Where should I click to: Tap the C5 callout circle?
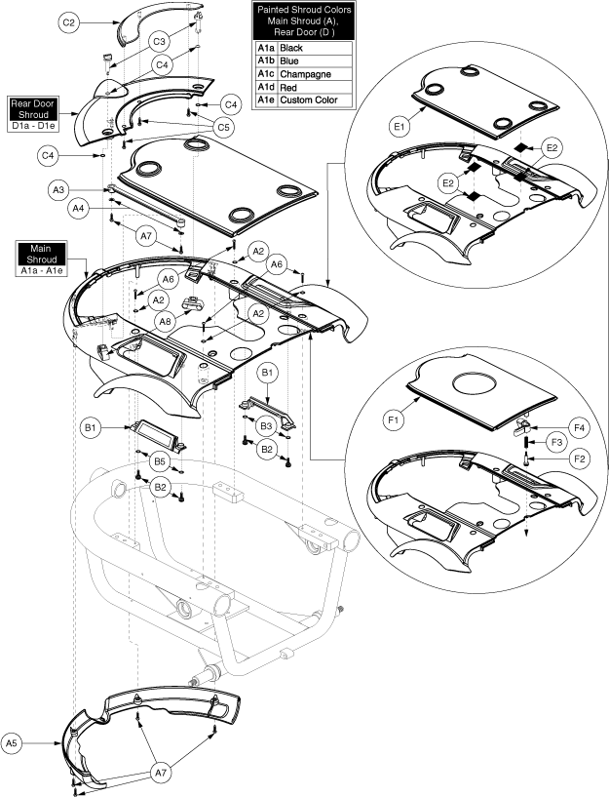coord(223,126)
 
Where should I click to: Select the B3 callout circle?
coord(265,427)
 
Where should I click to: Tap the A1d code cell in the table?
coord(265,87)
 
